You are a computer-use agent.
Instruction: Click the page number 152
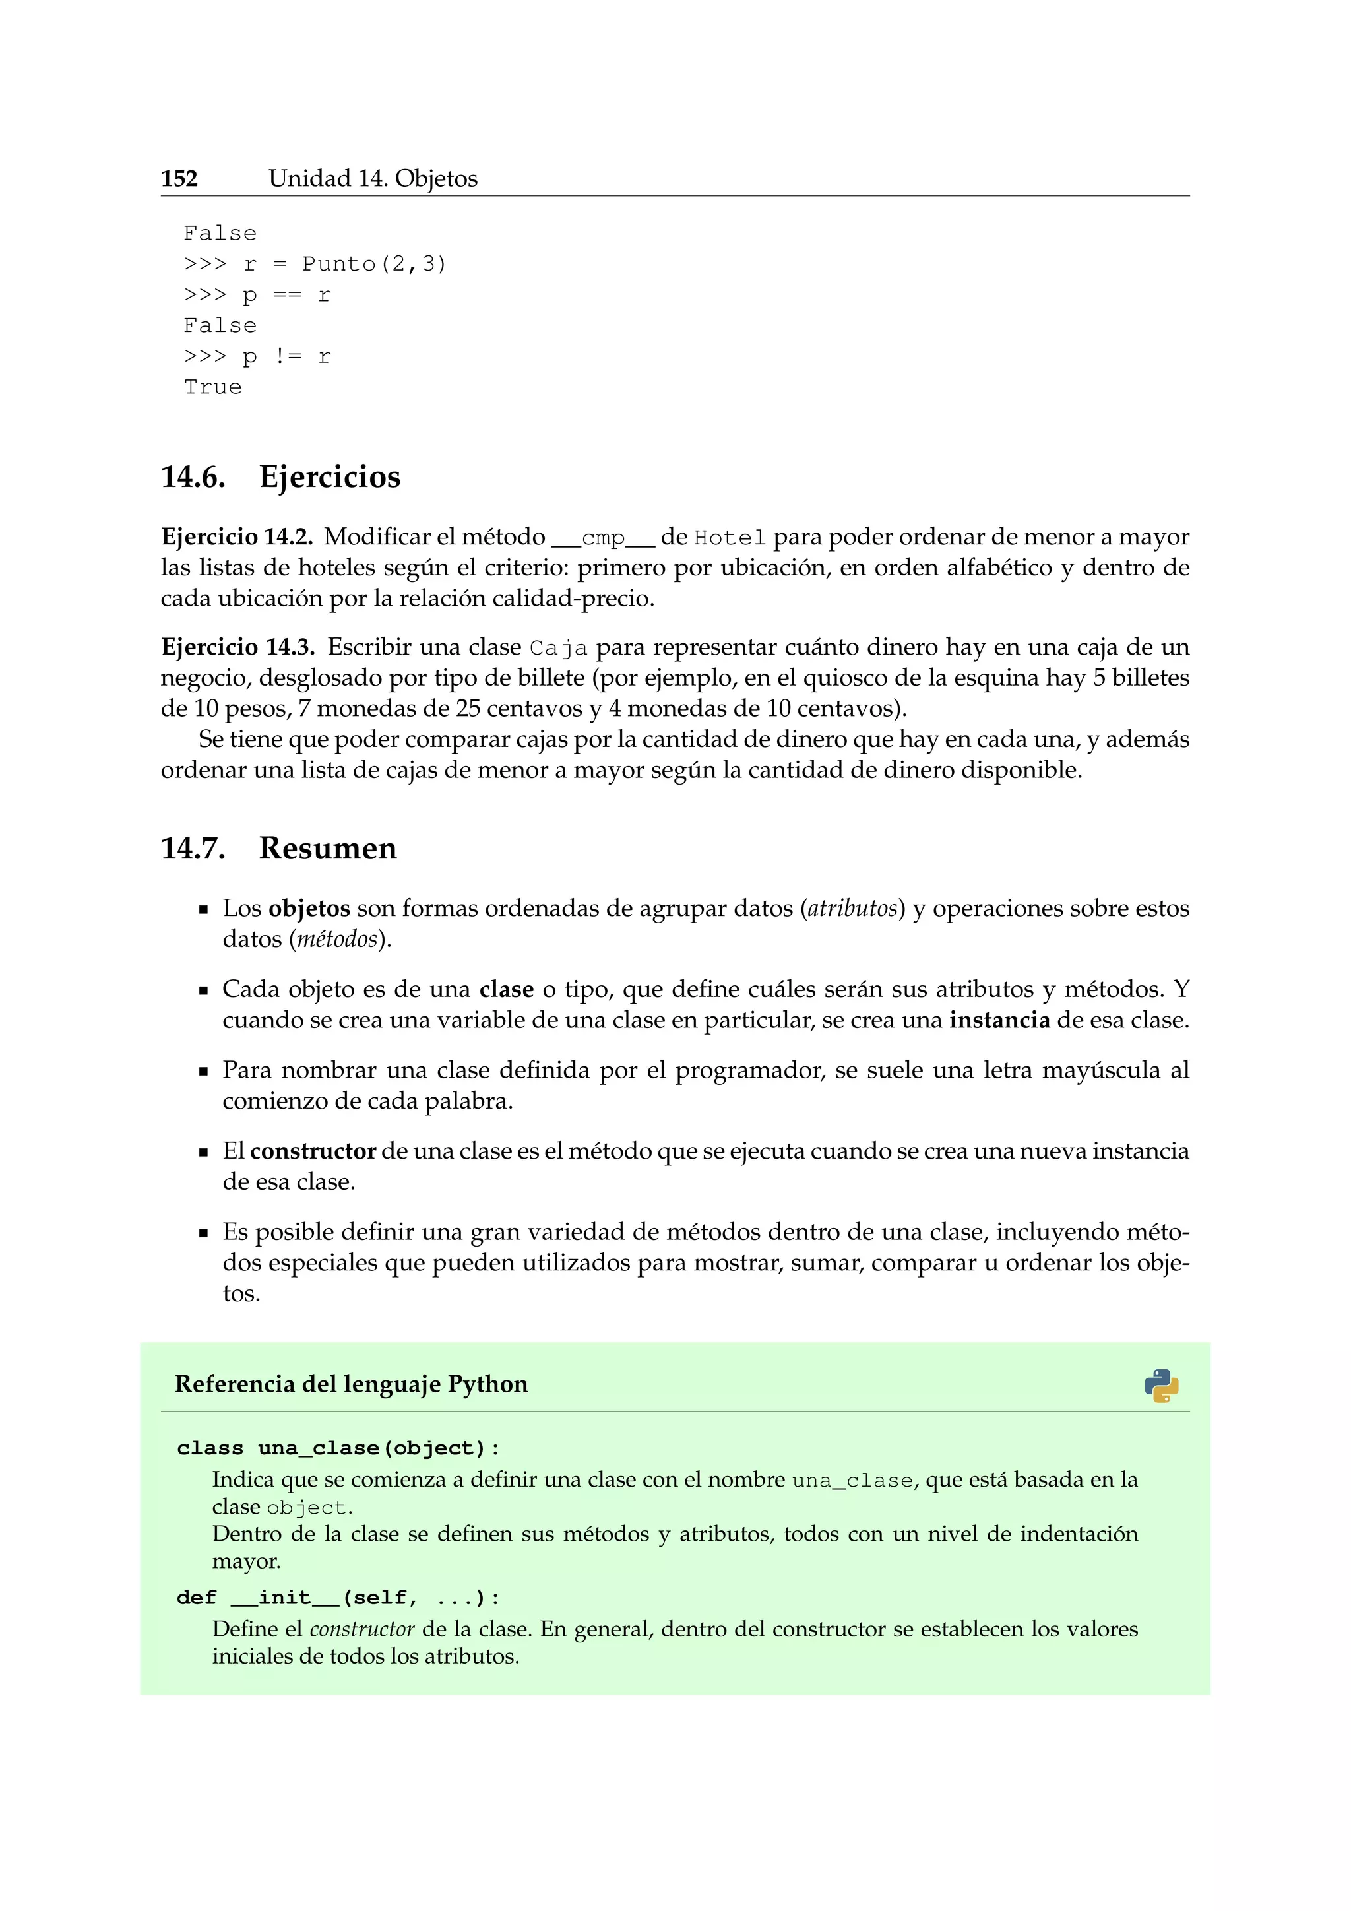(x=179, y=179)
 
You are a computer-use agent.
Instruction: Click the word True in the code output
(x=213, y=388)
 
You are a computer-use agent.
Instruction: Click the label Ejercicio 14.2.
(x=236, y=537)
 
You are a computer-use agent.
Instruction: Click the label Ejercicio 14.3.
(x=237, y=647)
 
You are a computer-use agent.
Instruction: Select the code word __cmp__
(x=603, y=538)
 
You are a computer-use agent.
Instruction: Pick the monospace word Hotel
(x=730, y=538)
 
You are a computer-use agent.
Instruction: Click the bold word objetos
(x=309, y=908)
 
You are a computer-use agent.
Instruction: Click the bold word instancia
(x=999, y=1020)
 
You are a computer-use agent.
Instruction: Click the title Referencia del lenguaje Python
(x=351, y=1384)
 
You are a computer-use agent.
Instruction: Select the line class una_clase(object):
(x=338, y=1448)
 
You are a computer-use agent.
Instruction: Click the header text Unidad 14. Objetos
(x=373, y=179)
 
